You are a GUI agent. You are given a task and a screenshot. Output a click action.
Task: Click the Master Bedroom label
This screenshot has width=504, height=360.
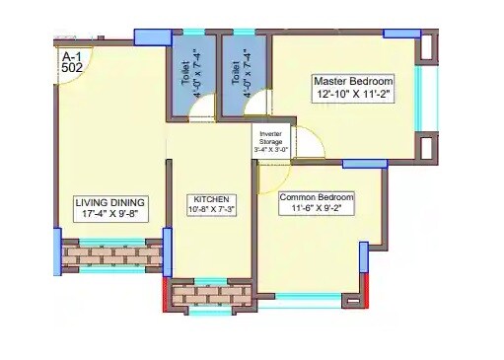pyautogui.click(x=352, y=81)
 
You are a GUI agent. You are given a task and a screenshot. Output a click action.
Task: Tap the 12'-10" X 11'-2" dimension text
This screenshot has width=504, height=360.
pyautogui.click(x=352, y=95)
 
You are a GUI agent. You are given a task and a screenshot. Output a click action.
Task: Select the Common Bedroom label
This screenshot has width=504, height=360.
pyautogui.click(x=316, y=197)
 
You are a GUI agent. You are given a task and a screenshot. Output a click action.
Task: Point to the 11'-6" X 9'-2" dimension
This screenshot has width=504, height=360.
pyautogui.click(x=316, y=210)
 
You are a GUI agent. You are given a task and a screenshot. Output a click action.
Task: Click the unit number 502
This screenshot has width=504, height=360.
pyautogui.click(x=72, y=68)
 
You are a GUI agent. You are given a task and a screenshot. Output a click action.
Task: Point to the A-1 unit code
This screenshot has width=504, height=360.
pyautogui.click(x=71, y=56)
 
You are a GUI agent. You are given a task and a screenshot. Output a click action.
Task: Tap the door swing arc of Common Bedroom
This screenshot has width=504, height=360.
pyautogui.click(x=268, y=178)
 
